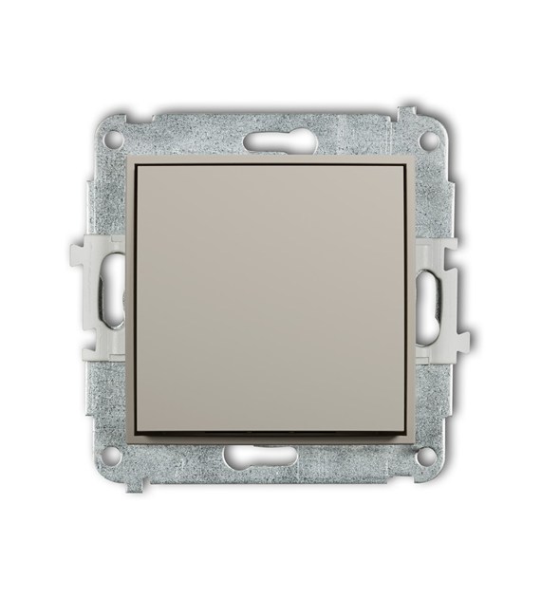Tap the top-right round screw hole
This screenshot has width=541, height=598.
pos(429,138)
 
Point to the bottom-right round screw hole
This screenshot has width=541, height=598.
pos(428,456)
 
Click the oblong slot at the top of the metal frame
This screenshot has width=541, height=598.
pos(270,143)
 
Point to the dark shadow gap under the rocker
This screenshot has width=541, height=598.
pos(272,436)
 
